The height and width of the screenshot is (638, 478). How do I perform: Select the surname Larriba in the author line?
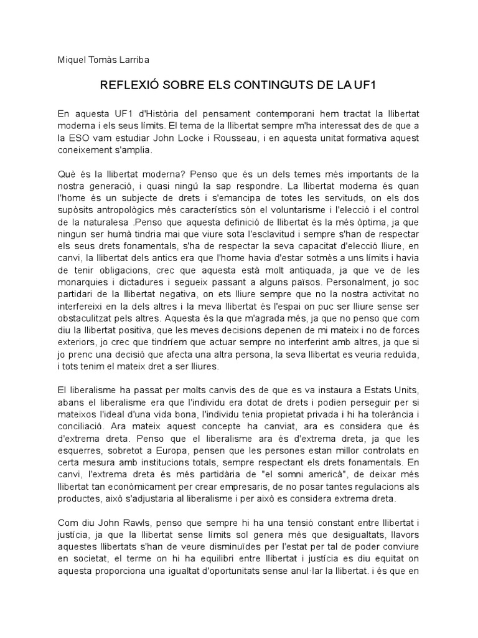point(133,60)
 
